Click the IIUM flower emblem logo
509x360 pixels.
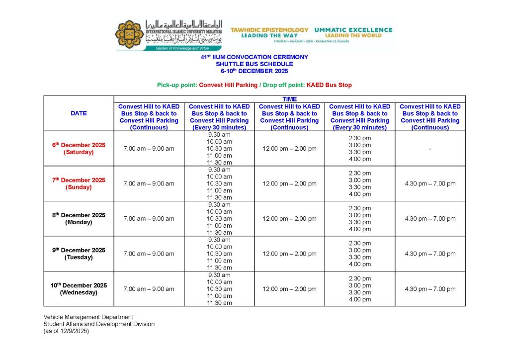click(129, 34)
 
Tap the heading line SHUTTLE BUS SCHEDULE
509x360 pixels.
click(254, 64)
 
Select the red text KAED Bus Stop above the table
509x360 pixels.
click(329, 85)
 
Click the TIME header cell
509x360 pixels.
click(289, 99)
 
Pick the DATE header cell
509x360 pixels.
click(79, 113)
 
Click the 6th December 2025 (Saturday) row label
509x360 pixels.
click(79, 149)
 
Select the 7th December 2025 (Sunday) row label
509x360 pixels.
click(79, 183)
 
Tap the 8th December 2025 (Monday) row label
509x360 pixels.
click(79, 219)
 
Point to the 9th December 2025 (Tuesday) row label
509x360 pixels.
click(79, 254)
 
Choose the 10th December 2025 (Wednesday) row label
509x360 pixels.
click(79, 289)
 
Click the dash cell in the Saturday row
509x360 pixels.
click(430, 149)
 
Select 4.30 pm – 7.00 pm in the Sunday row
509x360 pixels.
click(430, 183)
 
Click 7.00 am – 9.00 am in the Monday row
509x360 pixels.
click(149, 219)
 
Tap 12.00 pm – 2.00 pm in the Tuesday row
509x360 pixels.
click(289, 254)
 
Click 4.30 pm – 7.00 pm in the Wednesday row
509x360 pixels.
click(430, 289)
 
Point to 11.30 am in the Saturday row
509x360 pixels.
click(219, 163)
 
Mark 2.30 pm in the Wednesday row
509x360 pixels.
click(360, 278)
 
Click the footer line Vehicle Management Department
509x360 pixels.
click(88, 317)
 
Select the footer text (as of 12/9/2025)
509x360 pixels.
click(66, 331)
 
